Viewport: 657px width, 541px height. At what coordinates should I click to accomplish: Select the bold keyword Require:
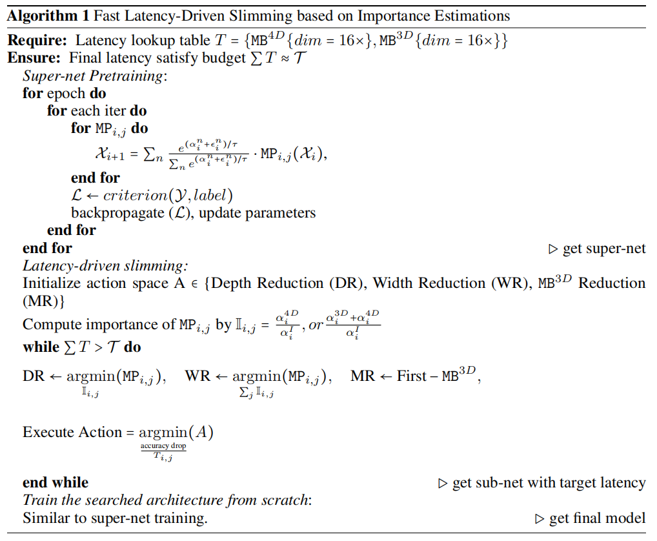pos(37,41)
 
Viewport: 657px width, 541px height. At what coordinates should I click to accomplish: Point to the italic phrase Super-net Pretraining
pos(94,76)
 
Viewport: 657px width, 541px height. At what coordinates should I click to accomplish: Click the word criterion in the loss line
pos(133,196)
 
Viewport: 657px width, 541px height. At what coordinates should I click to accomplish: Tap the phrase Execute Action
pos(72,433)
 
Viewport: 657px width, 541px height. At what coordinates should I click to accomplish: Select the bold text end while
pos(56,482)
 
